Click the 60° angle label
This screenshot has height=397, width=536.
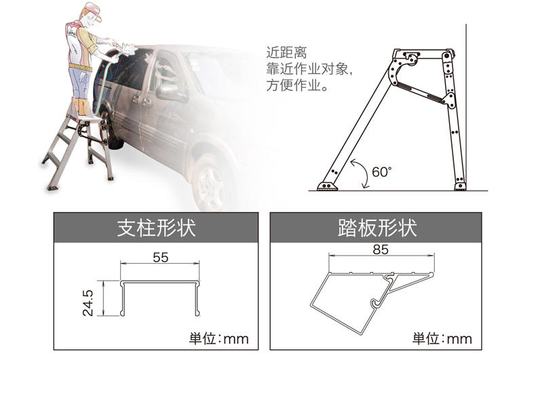tap(381, 171)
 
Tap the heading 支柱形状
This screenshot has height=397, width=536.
tap(156, 228)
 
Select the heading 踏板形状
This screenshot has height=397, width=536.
tap(377, 228)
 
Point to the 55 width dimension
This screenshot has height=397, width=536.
tap(160, 257)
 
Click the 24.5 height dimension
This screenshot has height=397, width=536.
tap(88, 303)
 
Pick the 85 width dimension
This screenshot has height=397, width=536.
tap(381, 249)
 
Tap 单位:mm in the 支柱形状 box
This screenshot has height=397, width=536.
tap(218, 339)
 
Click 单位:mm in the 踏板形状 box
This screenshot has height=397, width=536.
tap(442, 339)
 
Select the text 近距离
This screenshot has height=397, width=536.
tap(286, 53)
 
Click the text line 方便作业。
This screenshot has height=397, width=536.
tap(297, 85)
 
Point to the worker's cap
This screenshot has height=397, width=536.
tap(93, 10)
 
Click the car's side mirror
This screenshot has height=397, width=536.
tap(168, 91)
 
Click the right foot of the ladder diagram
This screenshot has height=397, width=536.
tap(460, 186)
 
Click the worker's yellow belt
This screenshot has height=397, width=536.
tap(80, 67)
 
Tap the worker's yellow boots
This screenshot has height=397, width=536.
tap(81, 107)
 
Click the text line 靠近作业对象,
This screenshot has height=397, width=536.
tap(309, 69)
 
